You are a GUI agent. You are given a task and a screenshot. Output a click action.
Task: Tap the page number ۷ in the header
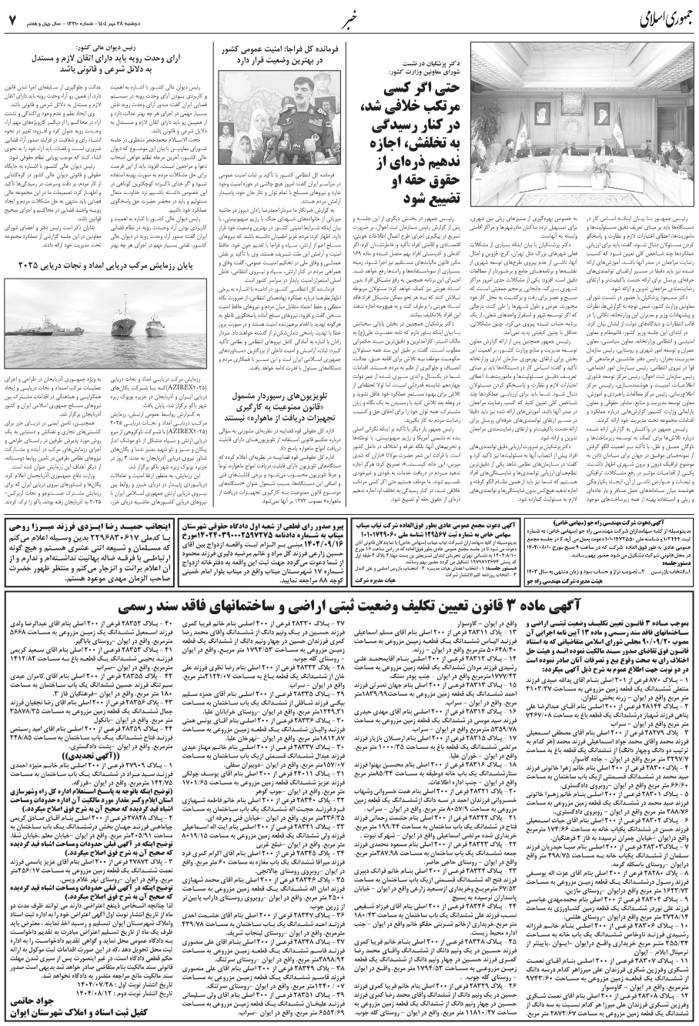10,16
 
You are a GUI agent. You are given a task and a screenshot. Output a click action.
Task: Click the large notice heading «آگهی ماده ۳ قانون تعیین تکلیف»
348,555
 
